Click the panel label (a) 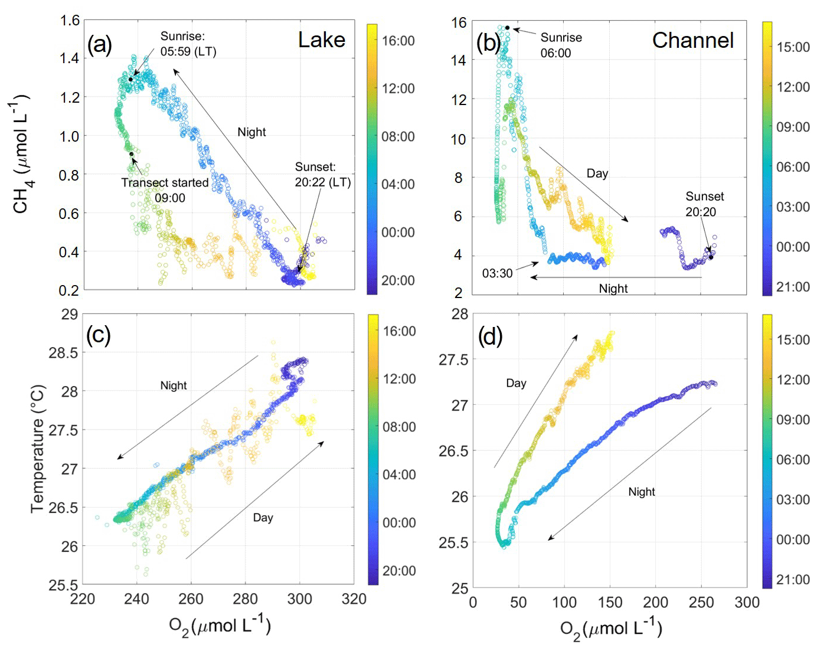click(x=99, y=44)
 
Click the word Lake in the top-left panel click(x=321, y=40)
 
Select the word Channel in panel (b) click(x=692, y=41)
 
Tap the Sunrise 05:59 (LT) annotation click(x=188, y=44)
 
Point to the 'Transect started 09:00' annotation click(x=165, y=190)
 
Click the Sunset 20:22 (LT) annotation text click(x=322, y=175)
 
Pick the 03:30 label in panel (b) click(x=497, y=273)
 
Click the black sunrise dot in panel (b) click(x=507, y=28)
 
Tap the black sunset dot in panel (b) click(x=711, y=257)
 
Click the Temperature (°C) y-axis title click(x=37, y=449)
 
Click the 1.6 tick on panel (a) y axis click(x=70, y=21)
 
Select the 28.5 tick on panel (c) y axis click(x=63, y=353)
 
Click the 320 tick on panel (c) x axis click(x=354, y=599)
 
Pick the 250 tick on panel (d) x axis click(x=701, y=603)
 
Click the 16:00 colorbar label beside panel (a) click(x=398, y=41)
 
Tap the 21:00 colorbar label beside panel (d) click(x=793, y=580)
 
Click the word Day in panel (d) click(x=516, y=383)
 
